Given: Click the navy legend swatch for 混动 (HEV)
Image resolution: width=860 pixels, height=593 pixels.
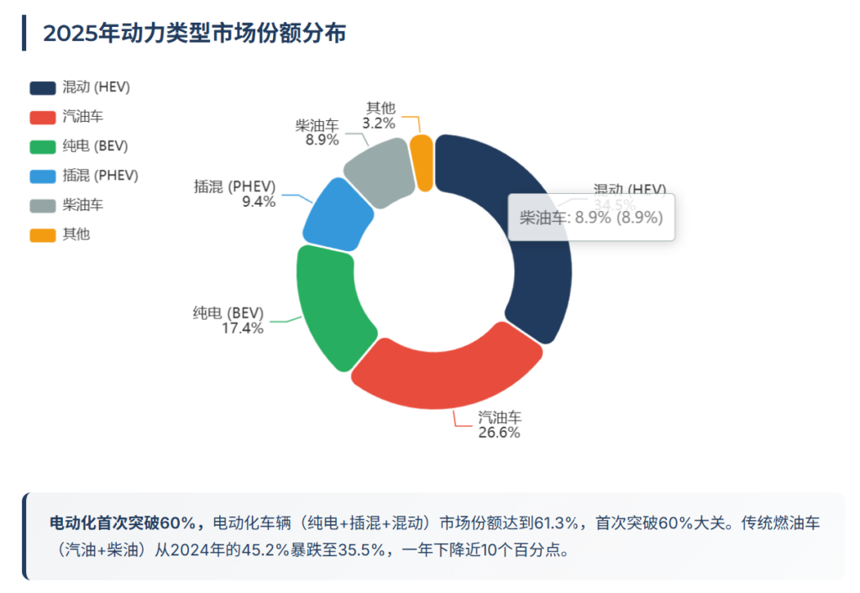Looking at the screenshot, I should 42,88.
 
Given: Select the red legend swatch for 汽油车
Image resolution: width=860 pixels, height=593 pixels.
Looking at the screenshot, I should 42,118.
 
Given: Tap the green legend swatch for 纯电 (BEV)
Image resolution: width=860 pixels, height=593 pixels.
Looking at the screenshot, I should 42,147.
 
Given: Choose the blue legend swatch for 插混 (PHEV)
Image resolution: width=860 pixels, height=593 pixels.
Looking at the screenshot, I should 42,176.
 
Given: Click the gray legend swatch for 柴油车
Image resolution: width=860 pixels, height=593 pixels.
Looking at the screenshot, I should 42,206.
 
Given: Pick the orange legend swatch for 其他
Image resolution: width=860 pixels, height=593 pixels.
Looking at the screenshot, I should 42,235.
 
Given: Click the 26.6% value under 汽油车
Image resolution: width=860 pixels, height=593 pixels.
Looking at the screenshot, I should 499,433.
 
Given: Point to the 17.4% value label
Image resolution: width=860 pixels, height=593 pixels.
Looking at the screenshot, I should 243,328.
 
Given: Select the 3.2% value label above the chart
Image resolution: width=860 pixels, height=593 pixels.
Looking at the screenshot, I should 379,123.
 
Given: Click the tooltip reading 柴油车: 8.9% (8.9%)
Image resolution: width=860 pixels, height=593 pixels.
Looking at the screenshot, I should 591,218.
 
